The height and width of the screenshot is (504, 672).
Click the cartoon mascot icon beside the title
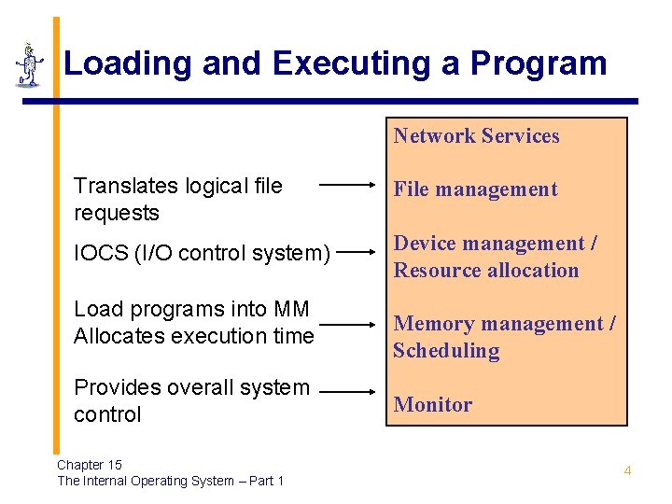(x=29, y=64)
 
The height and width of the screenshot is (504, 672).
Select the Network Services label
(x=476, y=136)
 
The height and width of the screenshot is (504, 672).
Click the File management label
(x=475, y=189)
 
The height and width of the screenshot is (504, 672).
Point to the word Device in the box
(x=425, y=244)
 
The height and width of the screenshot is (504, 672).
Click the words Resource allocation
(x=486, y=271)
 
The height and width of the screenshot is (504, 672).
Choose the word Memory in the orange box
(x=433, y=324)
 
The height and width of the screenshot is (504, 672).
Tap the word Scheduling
(x=446, y=351)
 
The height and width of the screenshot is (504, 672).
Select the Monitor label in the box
(x=433, y=405)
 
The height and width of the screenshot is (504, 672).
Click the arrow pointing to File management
(x=347, y=185)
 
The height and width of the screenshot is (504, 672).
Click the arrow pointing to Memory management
(x=347, y=327)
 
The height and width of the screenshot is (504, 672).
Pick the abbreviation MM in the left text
(x=291, y=309)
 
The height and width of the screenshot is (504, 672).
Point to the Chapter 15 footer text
(x=90, y=465)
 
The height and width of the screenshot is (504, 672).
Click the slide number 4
(x=627, y=470)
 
